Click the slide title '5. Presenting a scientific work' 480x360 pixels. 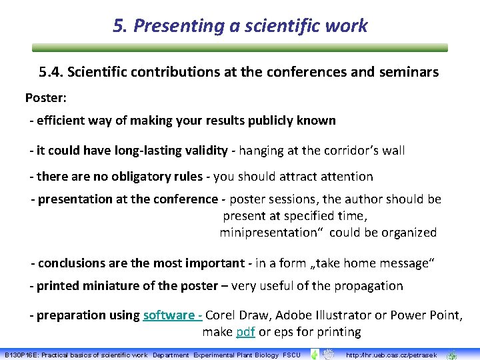coord(240,25)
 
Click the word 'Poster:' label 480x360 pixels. coord(47,98)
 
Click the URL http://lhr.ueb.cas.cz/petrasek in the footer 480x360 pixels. coord(391,355)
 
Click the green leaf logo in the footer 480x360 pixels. coord(314,354)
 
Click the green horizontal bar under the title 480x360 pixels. coord(240,48)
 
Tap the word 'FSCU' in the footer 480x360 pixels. coord(292,355)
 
